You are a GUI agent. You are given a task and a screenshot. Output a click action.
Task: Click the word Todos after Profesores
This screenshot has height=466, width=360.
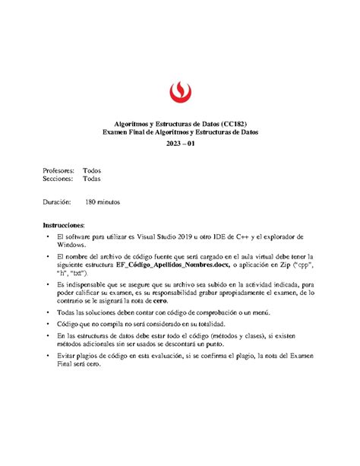click(x=93, y=170)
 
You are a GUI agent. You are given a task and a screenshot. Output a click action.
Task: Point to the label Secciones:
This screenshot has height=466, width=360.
click(x=60, y=179)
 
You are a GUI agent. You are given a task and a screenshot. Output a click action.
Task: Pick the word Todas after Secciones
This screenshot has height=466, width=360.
click(x=93, y=179)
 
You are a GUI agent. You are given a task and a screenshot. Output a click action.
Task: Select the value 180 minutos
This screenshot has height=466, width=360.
click(x=103, y=203)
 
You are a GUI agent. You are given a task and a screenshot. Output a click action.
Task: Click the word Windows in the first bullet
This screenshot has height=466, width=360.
click(x=73, y=246)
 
